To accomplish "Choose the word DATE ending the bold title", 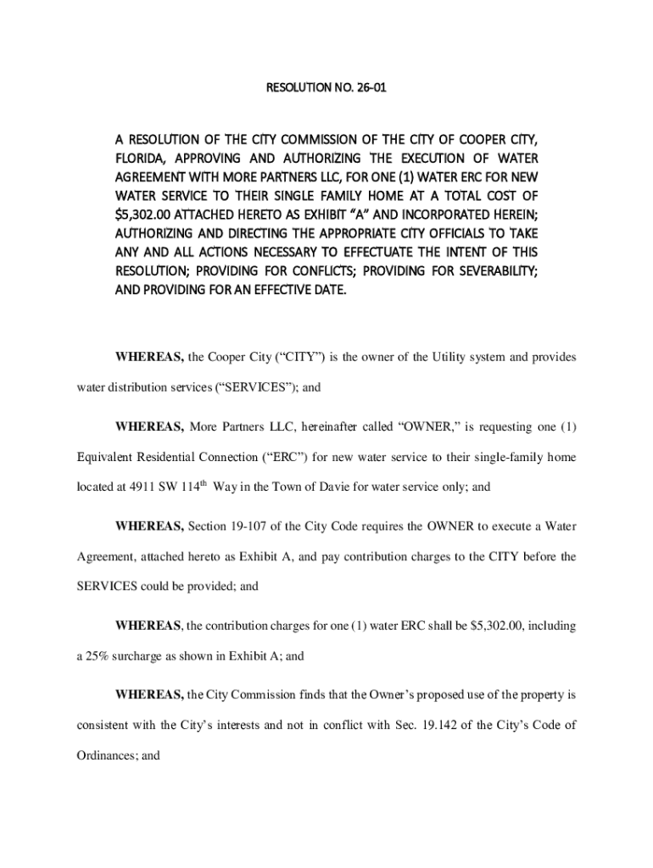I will [x=328, y=290].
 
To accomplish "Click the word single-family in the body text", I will [x=506, y=458].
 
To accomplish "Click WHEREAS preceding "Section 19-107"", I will [x=149, y=527].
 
